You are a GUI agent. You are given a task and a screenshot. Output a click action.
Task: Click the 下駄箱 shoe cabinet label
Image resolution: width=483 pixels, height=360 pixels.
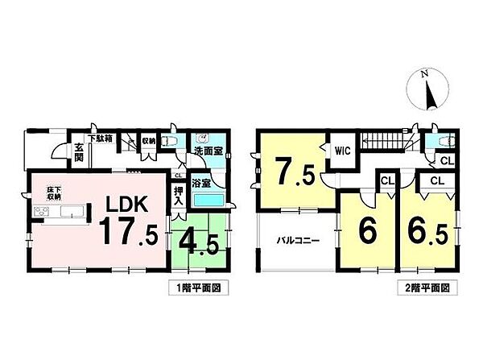pos(100,139)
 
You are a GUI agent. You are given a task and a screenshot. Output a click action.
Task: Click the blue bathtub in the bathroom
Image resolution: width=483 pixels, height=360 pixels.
pos(208,200)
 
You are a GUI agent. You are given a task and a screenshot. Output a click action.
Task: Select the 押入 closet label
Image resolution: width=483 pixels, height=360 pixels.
pos(178,196)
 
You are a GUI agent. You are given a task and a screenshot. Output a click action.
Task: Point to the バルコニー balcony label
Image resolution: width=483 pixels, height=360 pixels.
pos(299,239)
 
